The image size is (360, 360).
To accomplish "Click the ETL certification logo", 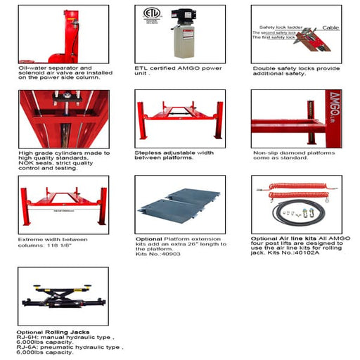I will click(149, 15).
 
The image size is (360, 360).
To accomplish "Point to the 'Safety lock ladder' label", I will click(279, 27).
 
